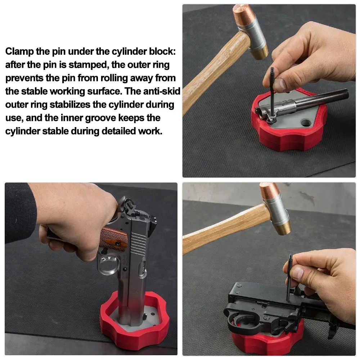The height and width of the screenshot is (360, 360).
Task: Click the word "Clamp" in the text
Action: [x=19, y=51]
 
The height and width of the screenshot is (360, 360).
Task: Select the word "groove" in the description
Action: [x=100, y=118]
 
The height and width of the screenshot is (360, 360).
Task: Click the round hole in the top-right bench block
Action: [x=306, y=122]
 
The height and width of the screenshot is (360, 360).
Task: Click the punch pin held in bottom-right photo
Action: [x=289, y=278]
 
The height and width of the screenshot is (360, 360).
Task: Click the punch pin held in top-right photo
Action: [x=272, y=91]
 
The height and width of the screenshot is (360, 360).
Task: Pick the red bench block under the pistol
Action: [x=135, y=322]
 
